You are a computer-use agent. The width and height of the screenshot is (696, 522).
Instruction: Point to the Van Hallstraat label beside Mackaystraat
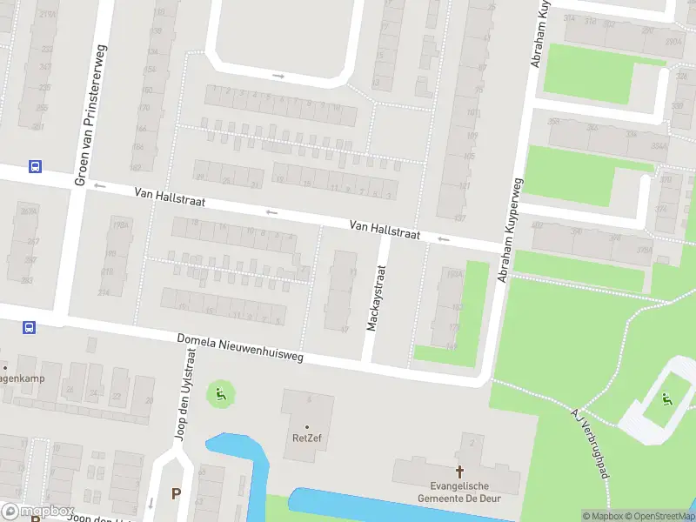(385, 230)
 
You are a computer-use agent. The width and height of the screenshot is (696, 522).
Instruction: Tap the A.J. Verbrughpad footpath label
(589, 442)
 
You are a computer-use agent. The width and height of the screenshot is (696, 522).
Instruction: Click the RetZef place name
(306, 438)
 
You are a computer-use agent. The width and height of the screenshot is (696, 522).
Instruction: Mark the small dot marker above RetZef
(306, 426)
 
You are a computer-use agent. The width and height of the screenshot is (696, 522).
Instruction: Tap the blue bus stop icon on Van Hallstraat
(35, 167)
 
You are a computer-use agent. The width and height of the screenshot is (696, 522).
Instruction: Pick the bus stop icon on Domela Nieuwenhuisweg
(29, 328)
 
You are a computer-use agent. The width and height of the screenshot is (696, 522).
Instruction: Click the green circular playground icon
(220, 395)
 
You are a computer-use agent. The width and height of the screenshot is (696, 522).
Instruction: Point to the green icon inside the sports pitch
(666, 399)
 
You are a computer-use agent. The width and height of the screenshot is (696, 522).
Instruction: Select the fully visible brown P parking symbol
(177, 493)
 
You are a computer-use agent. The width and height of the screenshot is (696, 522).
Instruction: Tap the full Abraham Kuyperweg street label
(511, 231)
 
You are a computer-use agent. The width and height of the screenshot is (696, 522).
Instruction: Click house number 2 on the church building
(472, 443)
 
